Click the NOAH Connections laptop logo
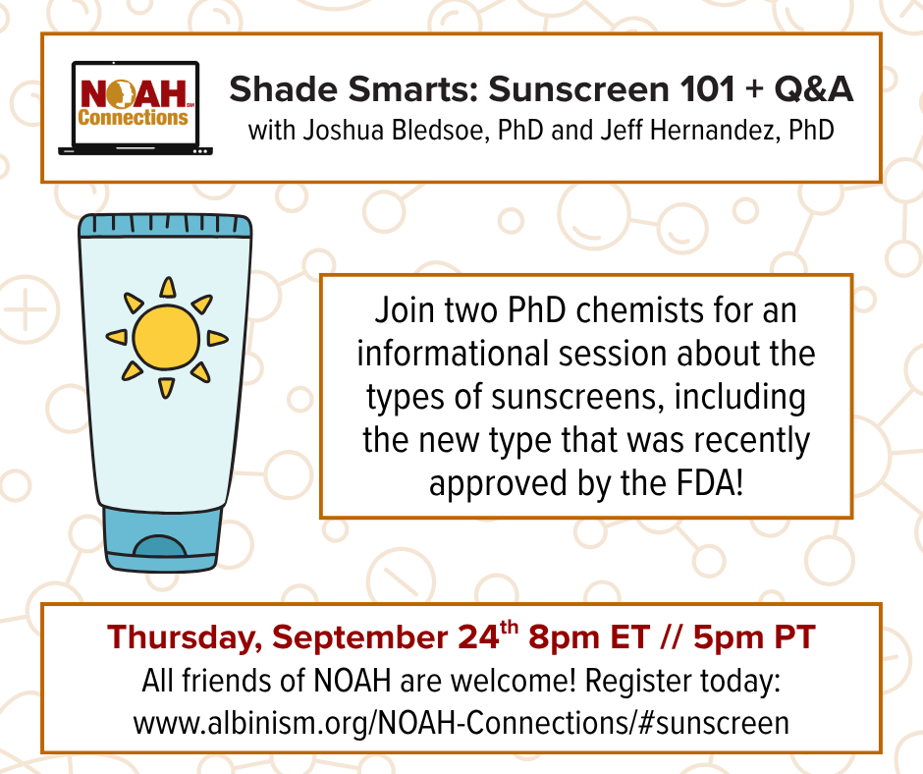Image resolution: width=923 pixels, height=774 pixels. [135, 108]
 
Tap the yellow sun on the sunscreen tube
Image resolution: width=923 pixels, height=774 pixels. [167, 338]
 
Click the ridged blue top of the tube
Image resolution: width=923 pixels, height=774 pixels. [165, 226]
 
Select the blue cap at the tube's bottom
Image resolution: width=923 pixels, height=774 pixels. [162, 538]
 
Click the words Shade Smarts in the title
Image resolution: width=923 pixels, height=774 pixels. [352, 89]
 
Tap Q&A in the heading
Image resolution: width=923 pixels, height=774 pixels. [813, 89]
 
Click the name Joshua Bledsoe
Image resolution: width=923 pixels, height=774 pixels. [393, 131]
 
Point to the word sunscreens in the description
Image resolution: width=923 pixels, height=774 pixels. [573, 397]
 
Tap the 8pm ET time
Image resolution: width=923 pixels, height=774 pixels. [589, 636]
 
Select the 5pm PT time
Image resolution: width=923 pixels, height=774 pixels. [754, 636]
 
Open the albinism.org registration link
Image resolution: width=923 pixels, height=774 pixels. [461, 723]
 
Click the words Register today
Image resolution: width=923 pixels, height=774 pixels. [682, 682]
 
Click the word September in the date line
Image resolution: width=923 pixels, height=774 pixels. [360, 638]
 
